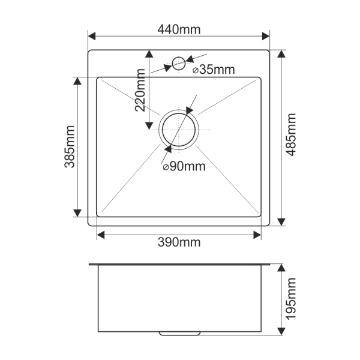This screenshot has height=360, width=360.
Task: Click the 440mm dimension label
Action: [x=179, y=29]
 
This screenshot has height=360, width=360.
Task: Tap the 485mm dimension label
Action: [x=292, y=135]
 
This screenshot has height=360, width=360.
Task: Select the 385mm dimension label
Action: [x=70, y=147]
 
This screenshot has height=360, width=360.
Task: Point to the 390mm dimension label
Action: [x=179, y=242]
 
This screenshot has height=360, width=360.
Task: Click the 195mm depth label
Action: [x=292, y=299]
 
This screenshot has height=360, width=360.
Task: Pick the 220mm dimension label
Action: [x=140, y=90]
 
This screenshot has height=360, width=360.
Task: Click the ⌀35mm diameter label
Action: [x=214, y=70]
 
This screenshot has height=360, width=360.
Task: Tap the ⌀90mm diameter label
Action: [x=184, y=166]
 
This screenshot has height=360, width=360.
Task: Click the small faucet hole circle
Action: [x=179, y=64]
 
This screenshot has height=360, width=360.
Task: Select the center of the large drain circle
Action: [x=179, y=130]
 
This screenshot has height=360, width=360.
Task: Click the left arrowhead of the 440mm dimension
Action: [x=92, y=36]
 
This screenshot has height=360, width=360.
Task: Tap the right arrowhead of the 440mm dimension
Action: [x=266, y=36]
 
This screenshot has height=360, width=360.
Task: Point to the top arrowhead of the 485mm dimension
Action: [x=281, y=54]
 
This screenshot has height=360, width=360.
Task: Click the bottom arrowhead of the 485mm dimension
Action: [x=281, y=222]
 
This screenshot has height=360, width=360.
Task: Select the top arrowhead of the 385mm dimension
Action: [x=77, y=81]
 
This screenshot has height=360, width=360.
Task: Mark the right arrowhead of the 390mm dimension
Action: [x=257, y=235]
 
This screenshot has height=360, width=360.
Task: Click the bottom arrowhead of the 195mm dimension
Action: [x=281, y=331]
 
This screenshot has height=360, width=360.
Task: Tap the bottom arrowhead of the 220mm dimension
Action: [x=149, y=126]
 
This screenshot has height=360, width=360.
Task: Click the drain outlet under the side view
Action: [x=180, y=334]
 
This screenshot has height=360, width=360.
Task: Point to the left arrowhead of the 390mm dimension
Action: [x=101, y=235]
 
